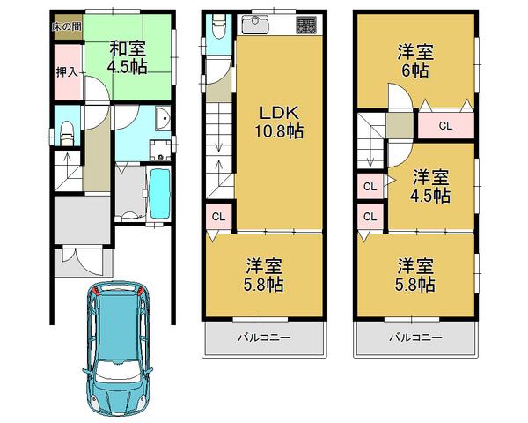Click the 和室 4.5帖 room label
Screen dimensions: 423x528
point(128,57)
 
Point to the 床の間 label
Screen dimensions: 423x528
point(66,26)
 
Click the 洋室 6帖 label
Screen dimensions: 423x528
point(414,60)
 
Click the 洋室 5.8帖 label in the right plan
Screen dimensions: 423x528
point(414,273)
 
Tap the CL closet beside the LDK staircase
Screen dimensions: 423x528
point(217,214)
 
